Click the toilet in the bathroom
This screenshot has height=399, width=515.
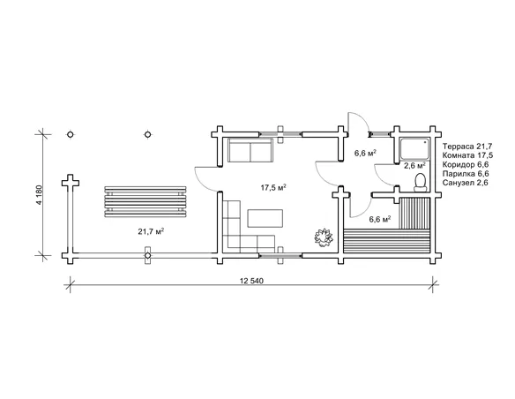tap(420, 183)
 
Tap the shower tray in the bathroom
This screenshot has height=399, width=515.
tap(414, 149)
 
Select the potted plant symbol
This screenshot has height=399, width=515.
tap(324, 237)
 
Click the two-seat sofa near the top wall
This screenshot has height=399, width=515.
tap(250, 150)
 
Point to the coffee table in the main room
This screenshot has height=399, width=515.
tap(265, 218)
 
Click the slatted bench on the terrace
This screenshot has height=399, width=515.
tap(146, 202)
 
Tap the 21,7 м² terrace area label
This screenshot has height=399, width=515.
tap(151, 231)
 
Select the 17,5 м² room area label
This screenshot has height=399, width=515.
tap(273, 188)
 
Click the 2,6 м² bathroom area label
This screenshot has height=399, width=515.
tap(414, 165)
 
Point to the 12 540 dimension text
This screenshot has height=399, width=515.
tap(251, 281)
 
